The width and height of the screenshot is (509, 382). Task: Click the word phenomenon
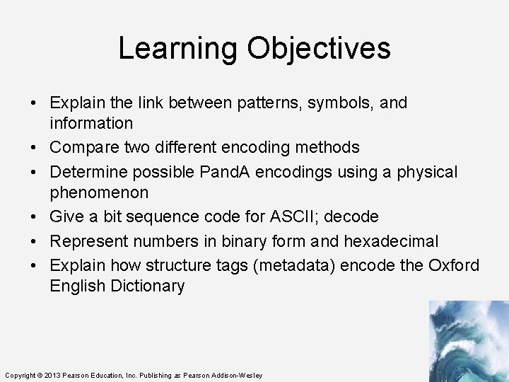pos(99,192)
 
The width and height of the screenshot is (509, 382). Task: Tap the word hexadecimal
pos(391,241)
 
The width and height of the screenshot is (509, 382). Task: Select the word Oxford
pos(454,265)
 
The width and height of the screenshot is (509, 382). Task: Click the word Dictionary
pos(148,286)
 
